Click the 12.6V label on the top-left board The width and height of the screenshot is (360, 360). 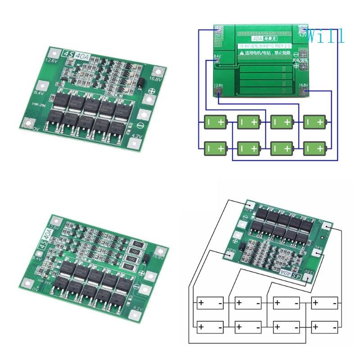point(50,60)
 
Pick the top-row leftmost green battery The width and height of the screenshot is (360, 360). point(215,121)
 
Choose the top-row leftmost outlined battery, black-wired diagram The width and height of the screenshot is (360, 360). point(209,302)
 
